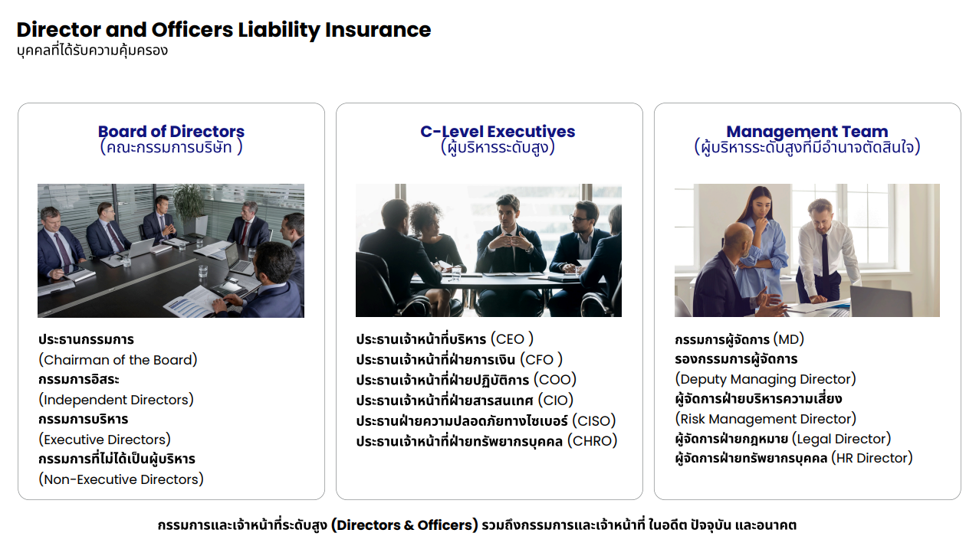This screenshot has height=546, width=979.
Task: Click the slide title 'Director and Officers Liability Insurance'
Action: coord(224,31)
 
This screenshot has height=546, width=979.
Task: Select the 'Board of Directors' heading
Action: coord(171,132)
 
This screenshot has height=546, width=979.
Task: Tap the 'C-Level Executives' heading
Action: coord(498,132)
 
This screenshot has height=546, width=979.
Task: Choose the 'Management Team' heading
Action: coord(807,132)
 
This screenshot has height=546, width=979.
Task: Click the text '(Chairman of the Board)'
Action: coord(118,360)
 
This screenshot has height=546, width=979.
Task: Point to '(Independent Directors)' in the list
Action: coord(116,399)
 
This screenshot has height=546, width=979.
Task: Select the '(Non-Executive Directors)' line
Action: coord(121,479)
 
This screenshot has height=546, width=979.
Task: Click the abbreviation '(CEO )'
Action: coord(512,338)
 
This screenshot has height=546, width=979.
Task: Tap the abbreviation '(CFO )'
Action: coord(541,359)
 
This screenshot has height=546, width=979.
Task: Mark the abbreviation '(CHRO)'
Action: coord(592,441)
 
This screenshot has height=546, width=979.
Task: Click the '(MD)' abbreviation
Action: coord(788,339)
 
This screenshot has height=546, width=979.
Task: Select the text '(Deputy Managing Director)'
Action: coord(766,379)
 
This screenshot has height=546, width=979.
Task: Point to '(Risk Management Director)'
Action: coord(766,419)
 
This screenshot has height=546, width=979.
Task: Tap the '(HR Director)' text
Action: coord(872,458)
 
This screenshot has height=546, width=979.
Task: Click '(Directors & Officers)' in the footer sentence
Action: coord(404,525)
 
